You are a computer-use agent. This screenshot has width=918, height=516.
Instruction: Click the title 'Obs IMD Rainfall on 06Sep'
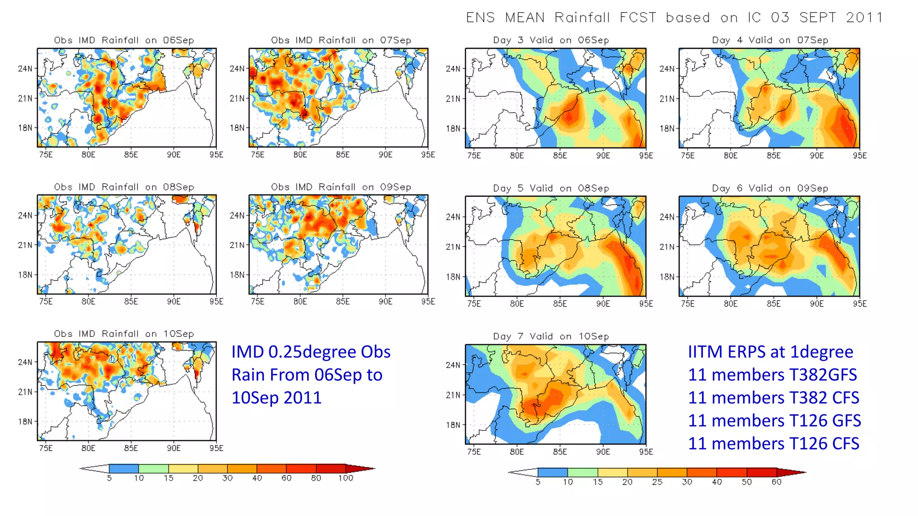124,40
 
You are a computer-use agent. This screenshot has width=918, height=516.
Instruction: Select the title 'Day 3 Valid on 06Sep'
551,40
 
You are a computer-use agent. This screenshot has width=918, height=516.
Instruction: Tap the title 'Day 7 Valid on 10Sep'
551,336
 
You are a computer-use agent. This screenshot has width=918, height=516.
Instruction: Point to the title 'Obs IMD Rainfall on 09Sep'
341,187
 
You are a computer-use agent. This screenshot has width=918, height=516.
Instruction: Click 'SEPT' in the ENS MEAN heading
818,17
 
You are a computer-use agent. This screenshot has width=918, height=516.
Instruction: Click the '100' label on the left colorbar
346,478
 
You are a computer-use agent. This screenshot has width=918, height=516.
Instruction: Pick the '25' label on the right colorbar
657,482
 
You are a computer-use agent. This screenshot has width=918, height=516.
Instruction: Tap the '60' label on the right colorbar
776,482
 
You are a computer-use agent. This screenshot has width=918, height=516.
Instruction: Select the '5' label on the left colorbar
109,478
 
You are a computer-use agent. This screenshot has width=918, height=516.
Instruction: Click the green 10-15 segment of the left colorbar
153,469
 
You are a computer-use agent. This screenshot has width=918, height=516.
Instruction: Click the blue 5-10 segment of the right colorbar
552,472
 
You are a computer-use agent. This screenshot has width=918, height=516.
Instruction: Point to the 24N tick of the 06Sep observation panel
25,69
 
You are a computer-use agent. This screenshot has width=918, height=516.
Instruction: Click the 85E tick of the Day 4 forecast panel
774,155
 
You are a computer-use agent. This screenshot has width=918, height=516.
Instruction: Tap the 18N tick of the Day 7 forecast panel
453,425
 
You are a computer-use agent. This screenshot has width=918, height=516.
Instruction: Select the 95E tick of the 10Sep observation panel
216,448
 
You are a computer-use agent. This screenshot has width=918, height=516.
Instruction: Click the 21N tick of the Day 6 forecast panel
667,247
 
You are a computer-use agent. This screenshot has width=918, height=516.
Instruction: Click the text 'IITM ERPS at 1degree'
770,352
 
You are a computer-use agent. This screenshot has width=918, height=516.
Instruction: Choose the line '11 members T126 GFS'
774,421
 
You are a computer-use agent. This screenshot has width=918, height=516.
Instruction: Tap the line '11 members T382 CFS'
773,398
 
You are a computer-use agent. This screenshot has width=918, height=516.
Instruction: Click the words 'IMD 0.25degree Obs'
311,352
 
